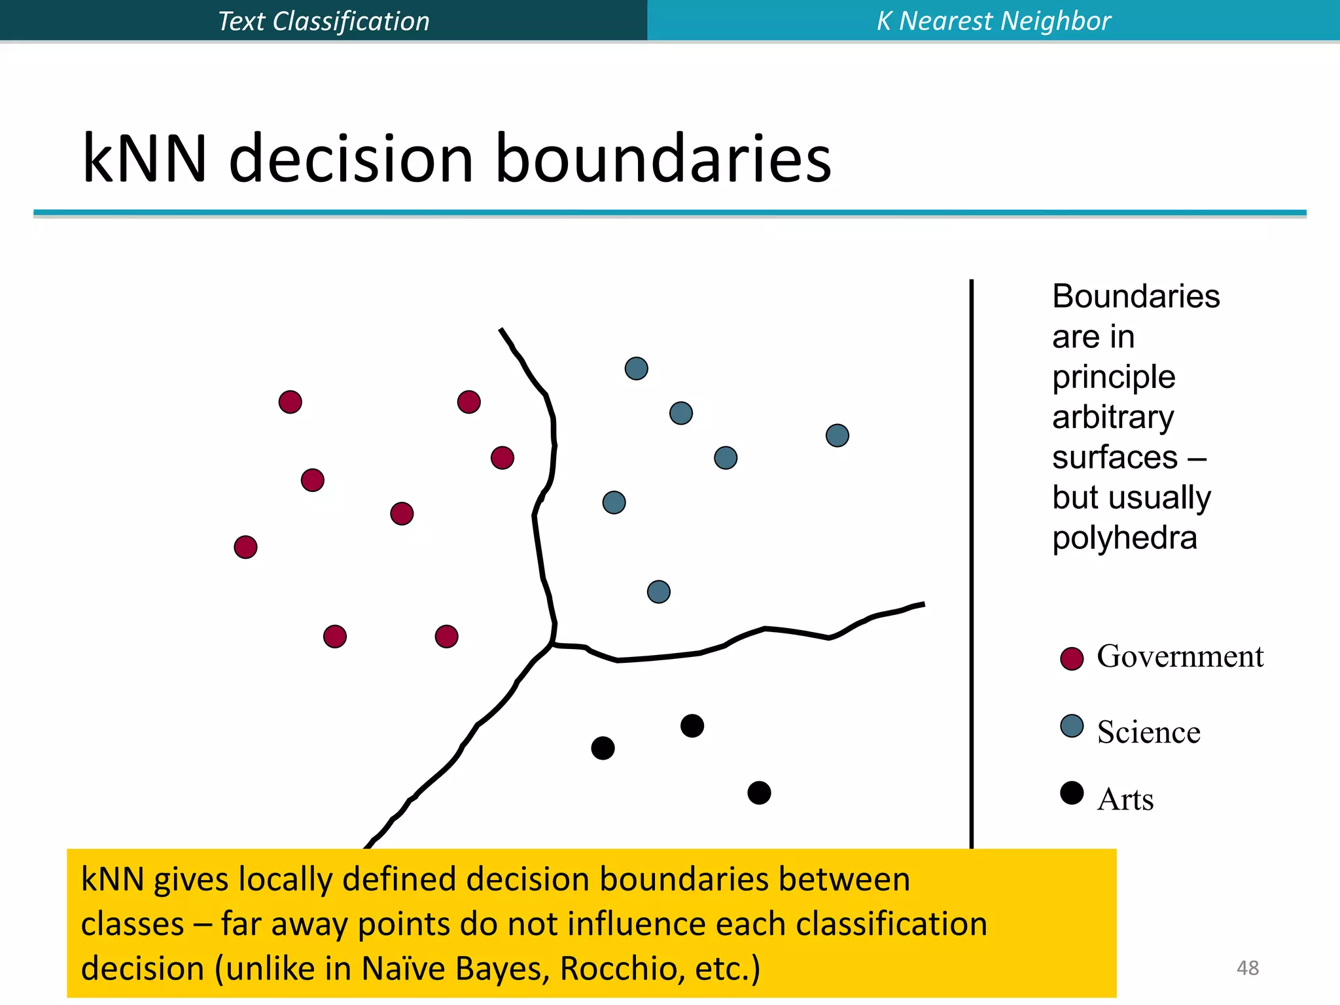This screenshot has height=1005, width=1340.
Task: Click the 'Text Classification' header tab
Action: pos(323,21)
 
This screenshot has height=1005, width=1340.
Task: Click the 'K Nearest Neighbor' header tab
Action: pos(993,21)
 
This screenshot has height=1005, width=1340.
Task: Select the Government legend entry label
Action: pos(1180,656)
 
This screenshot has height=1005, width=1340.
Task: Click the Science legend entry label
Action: pos(1148,732)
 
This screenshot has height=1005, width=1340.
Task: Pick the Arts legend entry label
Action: pos(1125,800)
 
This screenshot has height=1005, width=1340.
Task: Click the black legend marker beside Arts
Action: pos(1072,793)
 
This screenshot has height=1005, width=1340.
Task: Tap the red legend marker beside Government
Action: pos(1072,659)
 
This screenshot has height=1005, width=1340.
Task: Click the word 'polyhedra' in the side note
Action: pos(1124,538)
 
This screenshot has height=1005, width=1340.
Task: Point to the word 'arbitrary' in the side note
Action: pos(1112,417)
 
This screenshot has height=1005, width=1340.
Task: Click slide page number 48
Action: pos(1247,968)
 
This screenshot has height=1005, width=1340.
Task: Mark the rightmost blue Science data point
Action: pos(837,436)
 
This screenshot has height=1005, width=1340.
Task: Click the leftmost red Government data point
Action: pos(245,547)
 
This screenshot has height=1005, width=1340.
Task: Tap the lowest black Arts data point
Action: pos(759,793)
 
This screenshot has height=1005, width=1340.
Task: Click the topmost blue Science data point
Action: pos(636,368)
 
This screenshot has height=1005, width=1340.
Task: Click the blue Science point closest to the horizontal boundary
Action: pos(658,592)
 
